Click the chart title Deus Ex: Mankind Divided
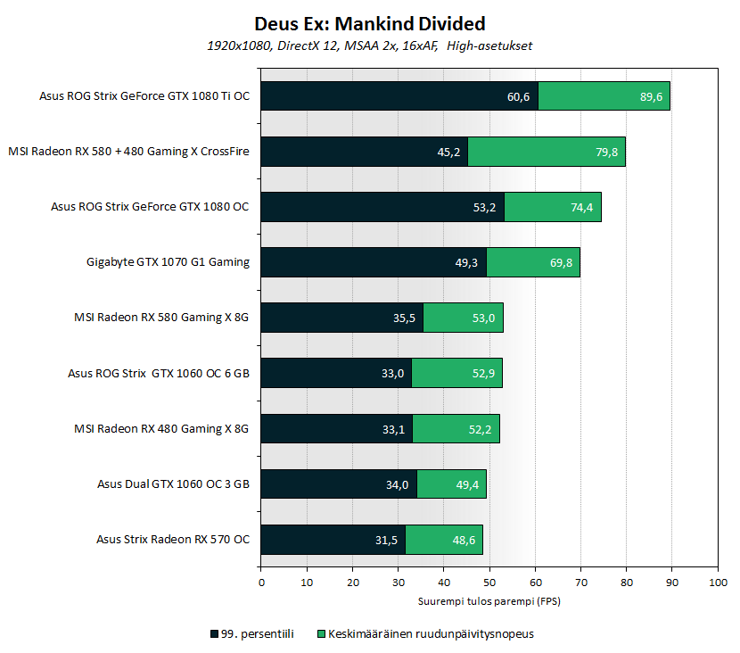pos(370,23)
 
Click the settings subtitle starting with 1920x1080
pos(369,45)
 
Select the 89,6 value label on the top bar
pos(651,96)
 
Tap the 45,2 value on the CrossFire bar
pos(448,152)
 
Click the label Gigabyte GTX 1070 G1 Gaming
pos(168,262)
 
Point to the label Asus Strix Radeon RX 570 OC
pos(173,539)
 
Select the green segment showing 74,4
pos(553,207)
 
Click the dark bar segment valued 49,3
pos(374,262)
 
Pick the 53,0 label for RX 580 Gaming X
pos(484,318)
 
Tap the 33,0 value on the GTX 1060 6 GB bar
pos(392,373)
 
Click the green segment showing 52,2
pos(456,428)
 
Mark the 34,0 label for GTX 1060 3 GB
pos(398,484)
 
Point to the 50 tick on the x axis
pos(489,583)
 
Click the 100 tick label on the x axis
pos(717,583)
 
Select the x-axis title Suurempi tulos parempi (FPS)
pos(489,601)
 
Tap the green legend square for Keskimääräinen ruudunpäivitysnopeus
pos(322,634)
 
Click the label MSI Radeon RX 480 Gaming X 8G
pos(160,428)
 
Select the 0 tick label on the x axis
pos(261,583)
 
